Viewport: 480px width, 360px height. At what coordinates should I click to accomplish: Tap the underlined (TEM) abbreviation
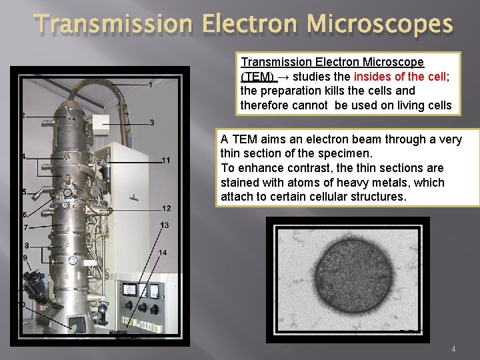pos(257,76)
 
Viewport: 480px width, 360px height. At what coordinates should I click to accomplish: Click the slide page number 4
pos(453,349)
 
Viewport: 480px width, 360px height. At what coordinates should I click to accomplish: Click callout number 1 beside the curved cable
pos(151,85)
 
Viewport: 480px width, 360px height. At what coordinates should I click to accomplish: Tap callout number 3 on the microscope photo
pos(152,123)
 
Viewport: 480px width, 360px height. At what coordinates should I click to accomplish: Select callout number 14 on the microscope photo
pos(163,253)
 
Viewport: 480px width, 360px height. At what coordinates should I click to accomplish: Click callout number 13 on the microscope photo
pos(165,225)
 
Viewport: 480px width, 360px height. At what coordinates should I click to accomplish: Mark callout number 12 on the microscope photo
pos(166,209)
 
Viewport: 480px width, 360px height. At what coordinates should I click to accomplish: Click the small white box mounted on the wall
pos(101,122)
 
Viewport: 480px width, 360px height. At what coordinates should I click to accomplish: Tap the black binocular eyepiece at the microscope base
pos(33,287)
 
